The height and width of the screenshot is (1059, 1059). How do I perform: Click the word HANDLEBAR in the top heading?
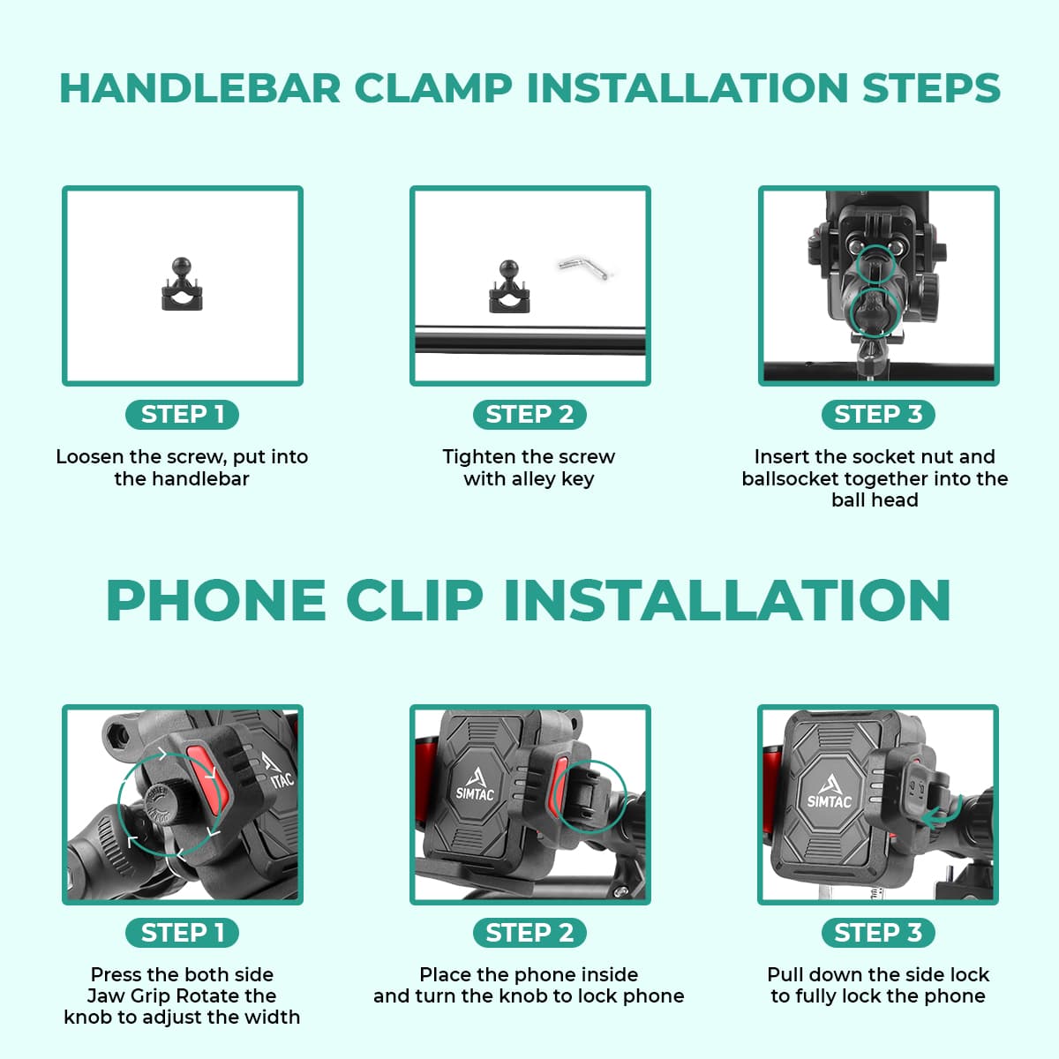pyautogui.click(x=199, y=88)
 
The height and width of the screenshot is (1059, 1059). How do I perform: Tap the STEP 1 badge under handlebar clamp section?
pyautogui.click(x=183, y=415)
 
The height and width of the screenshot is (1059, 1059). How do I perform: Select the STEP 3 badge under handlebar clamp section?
pyautogui.click(x=877, y=415)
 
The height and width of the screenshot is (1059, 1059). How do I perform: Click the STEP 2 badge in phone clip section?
pyautogui.click(x=529, y=933)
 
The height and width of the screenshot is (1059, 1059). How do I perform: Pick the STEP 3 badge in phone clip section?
pyautogui.click(x=877, y=933)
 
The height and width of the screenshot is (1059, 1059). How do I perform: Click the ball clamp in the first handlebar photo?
pyautogui.click(x=183, y=284)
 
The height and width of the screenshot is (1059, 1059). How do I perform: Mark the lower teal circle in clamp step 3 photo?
pyautogui.click(x=875, y=310)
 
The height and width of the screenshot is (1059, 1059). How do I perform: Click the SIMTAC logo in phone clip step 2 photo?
pyautogui.click(x=476, y=784)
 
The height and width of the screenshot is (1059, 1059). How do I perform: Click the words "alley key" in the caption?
pyautogui.click(x=552, y=479)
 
